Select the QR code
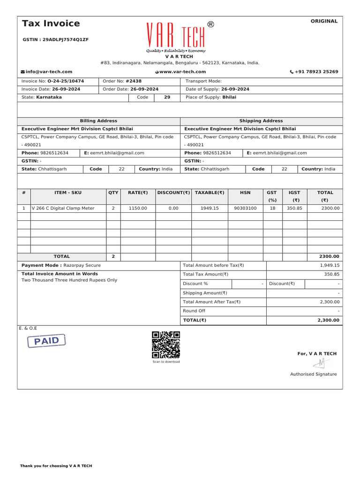click(x=166, y=345)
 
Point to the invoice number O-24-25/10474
click(x=66, y=81)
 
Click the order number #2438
click(x=133, y=81)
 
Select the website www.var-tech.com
click(x=182, y=72)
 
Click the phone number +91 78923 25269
click(x=316, y=72)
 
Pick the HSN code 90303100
click(x=245, y=208)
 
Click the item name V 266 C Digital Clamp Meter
click(x=63, y=208)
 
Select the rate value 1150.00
click(x=138, y=208)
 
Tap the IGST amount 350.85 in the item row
click(x=294, y=208)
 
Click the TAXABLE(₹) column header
click(x=210, y=193)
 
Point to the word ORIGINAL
click(x=324, y=21)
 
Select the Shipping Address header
click(x=261, y=121)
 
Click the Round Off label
click(x=194, y=311)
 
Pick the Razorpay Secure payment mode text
click(x=82, y=265)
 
